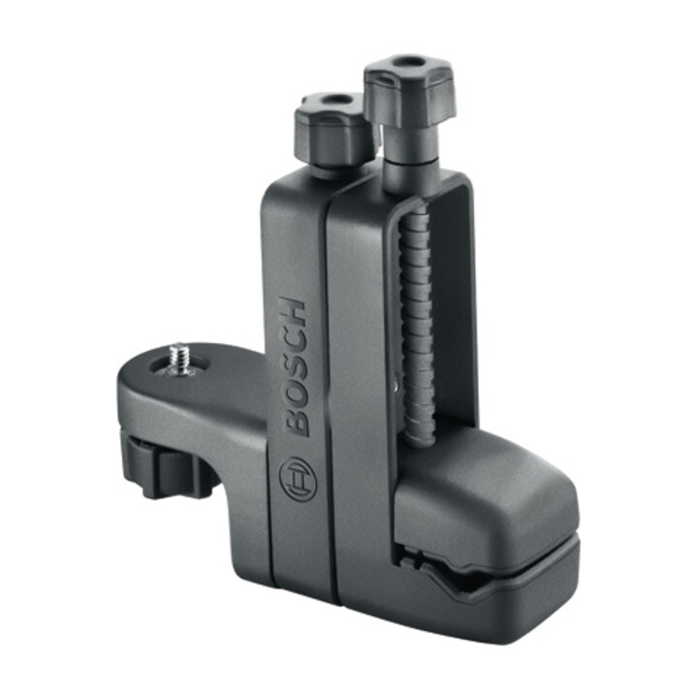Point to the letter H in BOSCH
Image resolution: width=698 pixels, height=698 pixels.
coord(292,311)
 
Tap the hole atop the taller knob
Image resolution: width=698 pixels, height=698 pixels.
coord(407,61)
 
